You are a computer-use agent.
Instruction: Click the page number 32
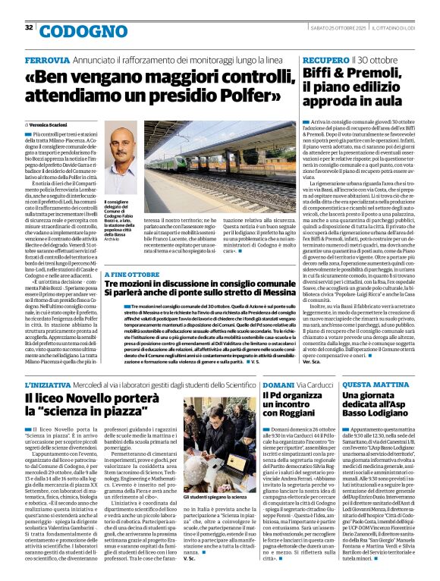click(30, 27)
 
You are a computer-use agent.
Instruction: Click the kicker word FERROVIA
click(48, 59)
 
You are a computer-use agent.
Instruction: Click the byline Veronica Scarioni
click(52, 124)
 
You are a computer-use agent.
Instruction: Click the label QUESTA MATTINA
click(376, 385)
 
